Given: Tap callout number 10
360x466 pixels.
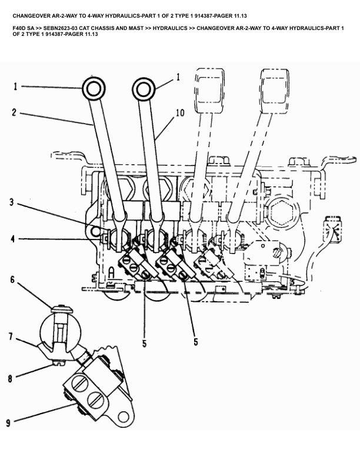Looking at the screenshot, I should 179,112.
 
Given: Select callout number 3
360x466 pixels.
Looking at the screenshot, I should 12,203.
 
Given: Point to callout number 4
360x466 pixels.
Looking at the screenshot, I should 12,239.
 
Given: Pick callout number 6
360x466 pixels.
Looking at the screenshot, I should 12,280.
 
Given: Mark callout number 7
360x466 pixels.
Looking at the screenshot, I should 10,337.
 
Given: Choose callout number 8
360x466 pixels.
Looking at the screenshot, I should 10,379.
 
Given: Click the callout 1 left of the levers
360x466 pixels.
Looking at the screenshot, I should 16,87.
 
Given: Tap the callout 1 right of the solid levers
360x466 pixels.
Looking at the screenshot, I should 178,77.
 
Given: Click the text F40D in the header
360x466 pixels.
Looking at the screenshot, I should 21,28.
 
